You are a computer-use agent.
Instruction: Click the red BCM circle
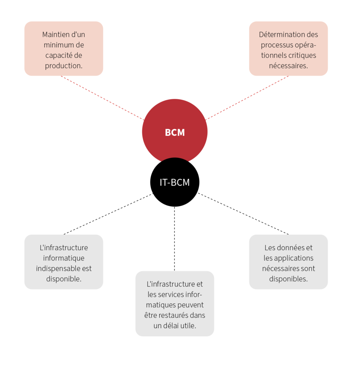coord(175,125)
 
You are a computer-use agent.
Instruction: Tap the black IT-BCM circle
coord(175,182)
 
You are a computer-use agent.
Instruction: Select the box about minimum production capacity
coord(64,48)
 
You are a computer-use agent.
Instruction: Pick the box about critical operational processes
coord(288,48)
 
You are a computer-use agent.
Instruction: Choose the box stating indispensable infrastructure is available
coord(64,262)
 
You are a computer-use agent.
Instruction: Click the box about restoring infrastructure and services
coord(175,304)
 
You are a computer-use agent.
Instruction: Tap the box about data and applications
coord(288,262)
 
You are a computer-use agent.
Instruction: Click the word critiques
coord(302,56)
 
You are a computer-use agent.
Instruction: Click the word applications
coord(293,258)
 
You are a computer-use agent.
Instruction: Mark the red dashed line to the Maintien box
coord(103,98)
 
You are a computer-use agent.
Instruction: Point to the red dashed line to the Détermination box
coord(246,98)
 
